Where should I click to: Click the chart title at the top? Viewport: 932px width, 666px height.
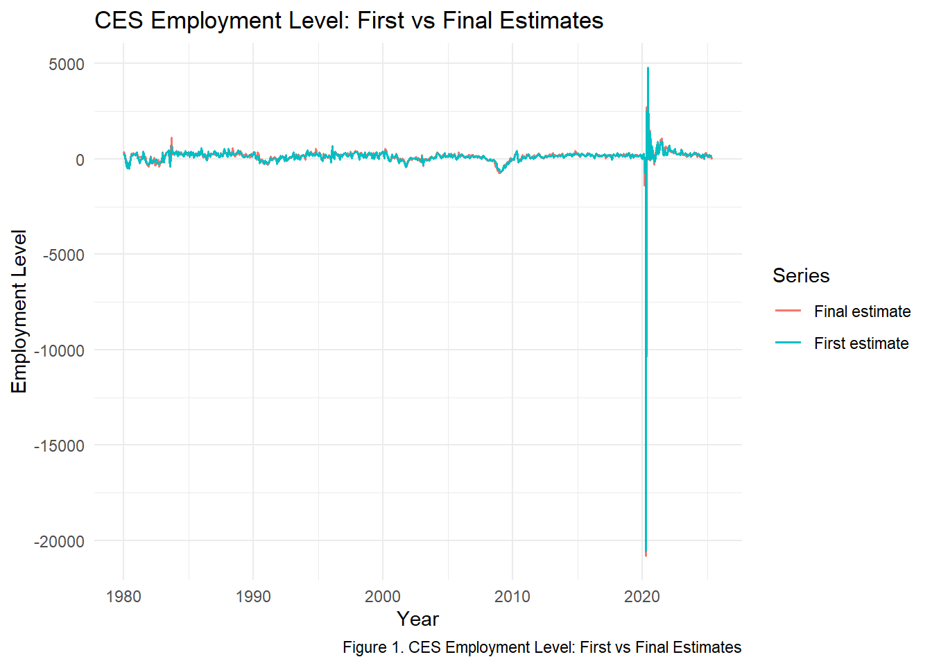pyautogui.click(x=349, y=21)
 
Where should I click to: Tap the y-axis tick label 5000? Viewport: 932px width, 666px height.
pyautogui.click(x=67, y=65)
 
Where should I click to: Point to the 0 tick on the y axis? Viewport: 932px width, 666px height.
pyautogui.click(x=80, y=160)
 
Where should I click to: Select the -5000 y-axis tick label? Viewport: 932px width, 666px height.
pyautogui.click(x=64, y=255)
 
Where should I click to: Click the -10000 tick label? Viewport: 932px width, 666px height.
pyautogui.click(x=60, y=351)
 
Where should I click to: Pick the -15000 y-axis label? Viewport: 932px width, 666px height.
pyautogui.click(x=60, y=446)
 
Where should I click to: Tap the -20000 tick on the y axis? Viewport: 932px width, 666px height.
pyautogui.click(x=60, y=542)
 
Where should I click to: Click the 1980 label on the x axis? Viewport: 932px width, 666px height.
pyautogui.click(x=123, y=597)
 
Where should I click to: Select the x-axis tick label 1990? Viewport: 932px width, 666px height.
pyautogui.click(x=253, y=597)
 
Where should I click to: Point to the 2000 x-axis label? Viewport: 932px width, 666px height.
pyautogui.click(x=383, y=597)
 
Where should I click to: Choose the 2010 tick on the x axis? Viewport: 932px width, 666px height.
pyautogui.click(x=512, y=597)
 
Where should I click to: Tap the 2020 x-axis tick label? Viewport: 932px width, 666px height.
pyautogui.click(x=642, y=597)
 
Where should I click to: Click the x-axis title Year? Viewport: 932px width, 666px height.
pyautogui.click(x=417, y=619)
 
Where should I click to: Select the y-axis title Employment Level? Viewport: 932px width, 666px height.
pyautogui.click(x=19, y=311)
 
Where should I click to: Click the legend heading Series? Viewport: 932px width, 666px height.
pyautogui.click(x=801, y=276)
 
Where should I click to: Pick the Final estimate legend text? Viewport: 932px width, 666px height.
pyautogui.click(x=862, y=311)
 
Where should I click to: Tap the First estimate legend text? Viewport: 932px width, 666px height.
pyautogui.click(x=861, y=343)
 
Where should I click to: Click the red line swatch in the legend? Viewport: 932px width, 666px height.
pyautogui.click(x=788, y=311)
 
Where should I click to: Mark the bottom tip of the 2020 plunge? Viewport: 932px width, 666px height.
pyautogui.click(x=646, y=555)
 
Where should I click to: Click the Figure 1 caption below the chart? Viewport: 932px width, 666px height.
pyautogui.click(x=542, y=647)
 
